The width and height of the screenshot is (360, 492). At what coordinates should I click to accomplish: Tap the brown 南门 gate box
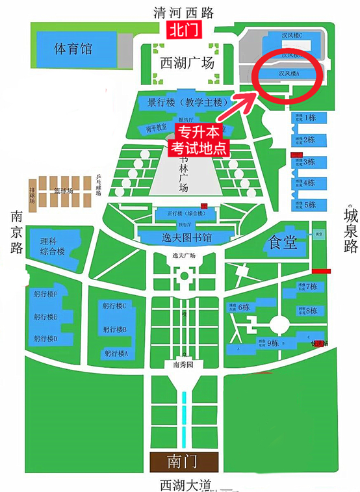click(x=181, y=461)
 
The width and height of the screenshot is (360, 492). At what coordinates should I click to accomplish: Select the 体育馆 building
click(x=73, y=49)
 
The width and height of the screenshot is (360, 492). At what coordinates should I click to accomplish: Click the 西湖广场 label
click(x=186, y=64)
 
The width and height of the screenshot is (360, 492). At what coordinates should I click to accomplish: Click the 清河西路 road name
click(x=183, y=12)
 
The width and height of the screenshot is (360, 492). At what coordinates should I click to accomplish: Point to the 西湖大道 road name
click(x=188, y=485)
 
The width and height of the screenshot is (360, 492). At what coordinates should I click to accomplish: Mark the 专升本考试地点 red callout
click(x=199, y=140)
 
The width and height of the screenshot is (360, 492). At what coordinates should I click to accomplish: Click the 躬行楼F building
click(x=46, y=294)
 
